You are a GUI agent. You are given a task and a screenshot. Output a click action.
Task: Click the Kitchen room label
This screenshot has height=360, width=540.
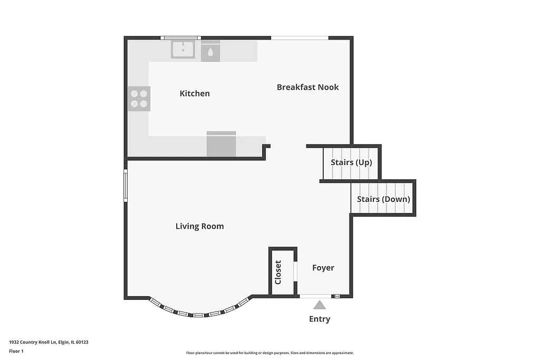click(x=195, y=93)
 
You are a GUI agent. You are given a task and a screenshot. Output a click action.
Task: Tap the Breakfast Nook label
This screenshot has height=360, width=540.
click(x=307, y=87)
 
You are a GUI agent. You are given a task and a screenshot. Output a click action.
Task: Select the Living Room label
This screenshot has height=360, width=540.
click(x=199, y=226)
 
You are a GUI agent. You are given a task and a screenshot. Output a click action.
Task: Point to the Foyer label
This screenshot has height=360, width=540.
click(x=323, y=268)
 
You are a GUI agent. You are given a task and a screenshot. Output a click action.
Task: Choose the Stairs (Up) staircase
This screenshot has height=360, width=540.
click(x=351, y=163)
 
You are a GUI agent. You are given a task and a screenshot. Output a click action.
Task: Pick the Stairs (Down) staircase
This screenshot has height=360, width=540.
click(x=383, y=199)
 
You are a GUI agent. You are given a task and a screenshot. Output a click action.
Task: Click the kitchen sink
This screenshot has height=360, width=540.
click(x=183, y=50)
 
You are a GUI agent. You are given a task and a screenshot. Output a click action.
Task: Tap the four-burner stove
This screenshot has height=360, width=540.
click(x=139, y=99)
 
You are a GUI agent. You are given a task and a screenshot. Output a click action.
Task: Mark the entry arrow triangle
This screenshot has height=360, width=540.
click(x=319, y=305)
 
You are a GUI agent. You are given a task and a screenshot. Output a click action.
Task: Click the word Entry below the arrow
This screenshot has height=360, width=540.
click(x=320, y=319)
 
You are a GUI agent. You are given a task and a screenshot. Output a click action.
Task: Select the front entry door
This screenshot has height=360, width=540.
click(x=315, y=296)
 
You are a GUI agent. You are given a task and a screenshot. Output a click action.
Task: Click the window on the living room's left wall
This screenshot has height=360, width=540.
click(x=126, y=185)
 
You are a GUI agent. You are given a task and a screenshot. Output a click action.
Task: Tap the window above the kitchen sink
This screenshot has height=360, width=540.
click(x=180, y=38)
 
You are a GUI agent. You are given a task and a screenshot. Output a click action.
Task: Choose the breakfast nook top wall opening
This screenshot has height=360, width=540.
click(x=300, y=38)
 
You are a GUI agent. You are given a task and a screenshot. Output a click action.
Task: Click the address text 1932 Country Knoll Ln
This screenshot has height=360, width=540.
click(x=49, y=342)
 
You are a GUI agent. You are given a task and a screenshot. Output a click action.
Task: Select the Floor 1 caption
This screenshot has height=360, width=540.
click(x=16, y=351)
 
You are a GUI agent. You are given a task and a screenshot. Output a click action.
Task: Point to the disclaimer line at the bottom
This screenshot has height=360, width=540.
click(x=269, y=353)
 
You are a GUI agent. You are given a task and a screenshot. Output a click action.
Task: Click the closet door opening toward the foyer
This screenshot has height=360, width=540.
click(x=295, y=271)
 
